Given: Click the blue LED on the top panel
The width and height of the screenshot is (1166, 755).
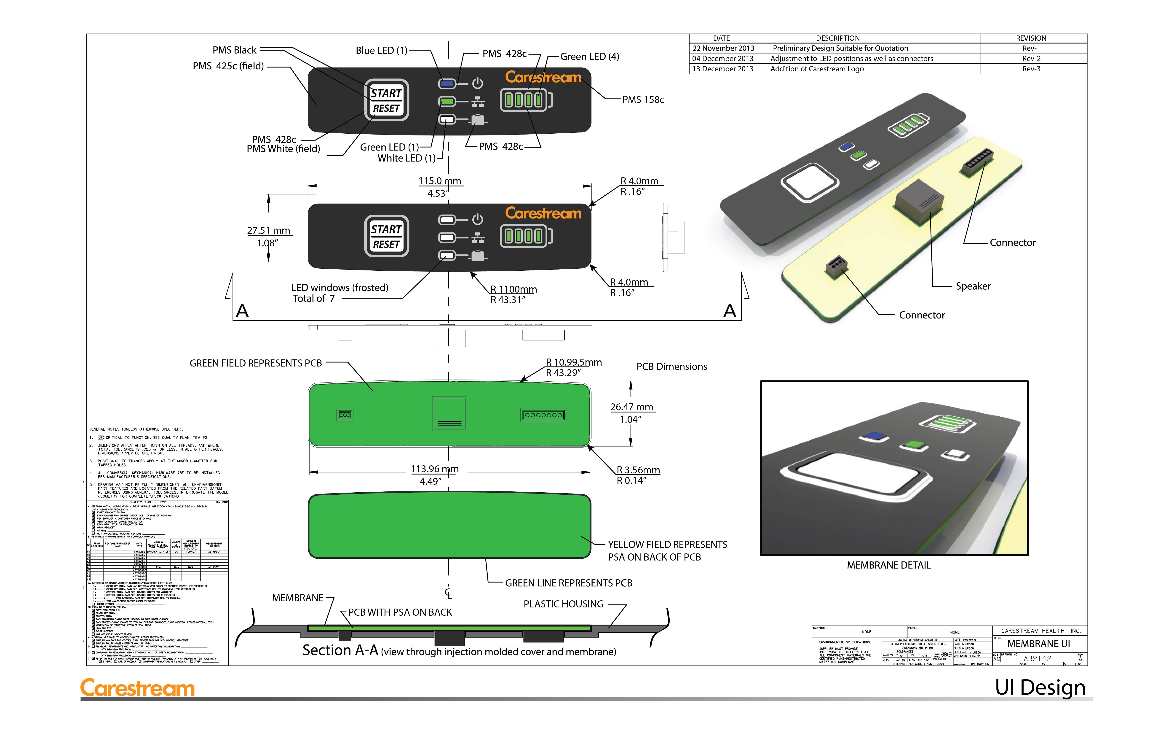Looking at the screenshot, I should (447, 84).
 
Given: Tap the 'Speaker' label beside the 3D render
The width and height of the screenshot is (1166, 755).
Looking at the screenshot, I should (973, 286).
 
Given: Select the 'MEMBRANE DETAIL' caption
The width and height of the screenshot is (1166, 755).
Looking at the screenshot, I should (888, 565).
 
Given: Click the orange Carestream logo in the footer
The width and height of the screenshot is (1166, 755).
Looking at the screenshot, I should (138, 688).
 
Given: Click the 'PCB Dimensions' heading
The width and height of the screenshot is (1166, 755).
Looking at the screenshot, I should (671, 367).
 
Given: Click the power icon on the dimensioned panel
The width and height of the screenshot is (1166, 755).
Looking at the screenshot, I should (478, 220).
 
